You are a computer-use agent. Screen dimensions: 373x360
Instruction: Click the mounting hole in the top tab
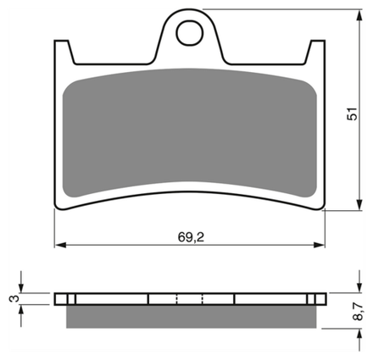190,33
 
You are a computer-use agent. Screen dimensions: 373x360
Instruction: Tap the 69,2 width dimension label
191,237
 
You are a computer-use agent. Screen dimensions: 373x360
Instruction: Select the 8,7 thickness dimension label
358,311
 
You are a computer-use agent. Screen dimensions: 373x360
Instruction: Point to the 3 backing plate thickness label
14,298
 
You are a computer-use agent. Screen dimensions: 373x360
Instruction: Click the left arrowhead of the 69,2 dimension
60,245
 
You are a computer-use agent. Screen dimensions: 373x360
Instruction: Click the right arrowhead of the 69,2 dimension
319,245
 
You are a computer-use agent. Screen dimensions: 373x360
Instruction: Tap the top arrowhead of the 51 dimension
359,15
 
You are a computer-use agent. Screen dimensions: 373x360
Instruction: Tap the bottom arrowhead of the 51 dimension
359,204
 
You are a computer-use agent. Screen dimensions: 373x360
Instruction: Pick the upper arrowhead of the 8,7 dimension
359,287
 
